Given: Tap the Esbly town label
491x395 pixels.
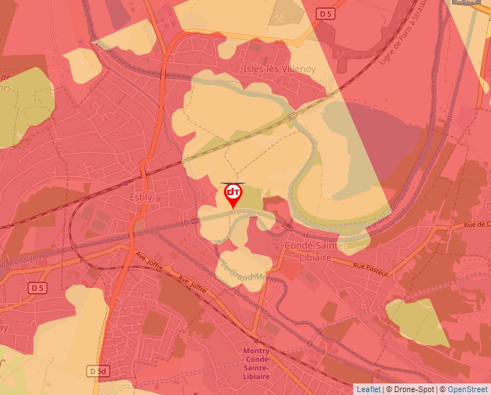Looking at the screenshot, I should pos(140,197).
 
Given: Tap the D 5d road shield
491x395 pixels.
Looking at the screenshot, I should pos(97,370).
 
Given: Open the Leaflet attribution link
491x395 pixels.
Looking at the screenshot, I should pos(368,389).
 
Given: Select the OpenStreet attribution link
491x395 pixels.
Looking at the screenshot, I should pos(467,389).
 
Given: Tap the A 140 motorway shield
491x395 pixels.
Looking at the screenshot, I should pos(468,2).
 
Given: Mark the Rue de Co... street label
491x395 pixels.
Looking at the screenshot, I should pos(475,225).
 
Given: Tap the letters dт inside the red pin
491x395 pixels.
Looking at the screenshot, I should pos(233,192).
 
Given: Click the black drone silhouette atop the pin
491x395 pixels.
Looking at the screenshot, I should pos(233,183).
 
